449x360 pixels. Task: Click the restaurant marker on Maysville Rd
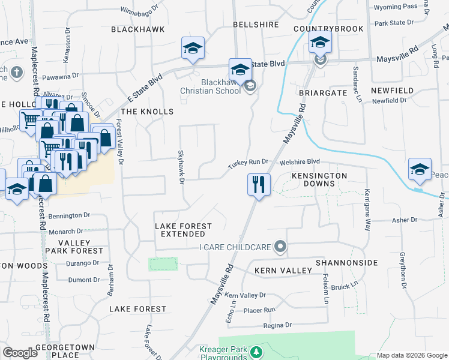pos(259,184)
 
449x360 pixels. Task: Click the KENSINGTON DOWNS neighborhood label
pos(319,180)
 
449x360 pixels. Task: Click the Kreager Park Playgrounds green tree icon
pos(257,351)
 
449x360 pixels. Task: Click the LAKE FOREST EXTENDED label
pos(183,230)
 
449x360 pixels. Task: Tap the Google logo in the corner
pos(20,353)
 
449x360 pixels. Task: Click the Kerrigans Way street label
pos(367,209)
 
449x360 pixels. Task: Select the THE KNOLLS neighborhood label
pos(147,112)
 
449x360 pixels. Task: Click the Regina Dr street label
pos(277,325)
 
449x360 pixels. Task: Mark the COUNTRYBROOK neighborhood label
pos(321,29)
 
